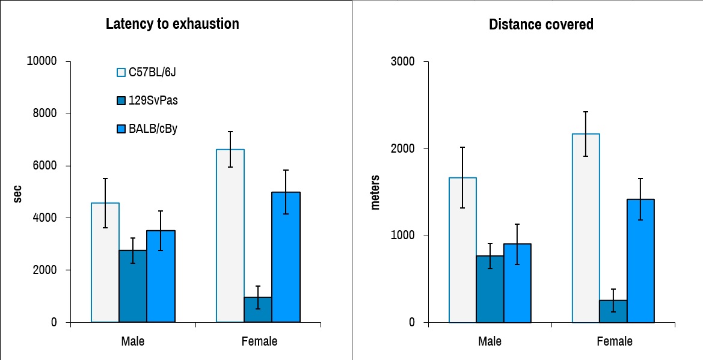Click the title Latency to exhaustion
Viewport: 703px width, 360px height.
tap(172, 24)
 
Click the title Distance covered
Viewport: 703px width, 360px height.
tap(541, 25)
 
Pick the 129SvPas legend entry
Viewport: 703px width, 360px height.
tap(153, 100)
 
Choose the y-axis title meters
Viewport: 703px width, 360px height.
tap(375, 192)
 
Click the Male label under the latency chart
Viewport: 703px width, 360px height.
tap(132, 341)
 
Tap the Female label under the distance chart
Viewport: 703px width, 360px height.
tap(615, 341)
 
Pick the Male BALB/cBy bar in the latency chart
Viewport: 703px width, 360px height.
tap(161, 276)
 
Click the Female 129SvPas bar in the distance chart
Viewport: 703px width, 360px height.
tap(612, 311)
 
